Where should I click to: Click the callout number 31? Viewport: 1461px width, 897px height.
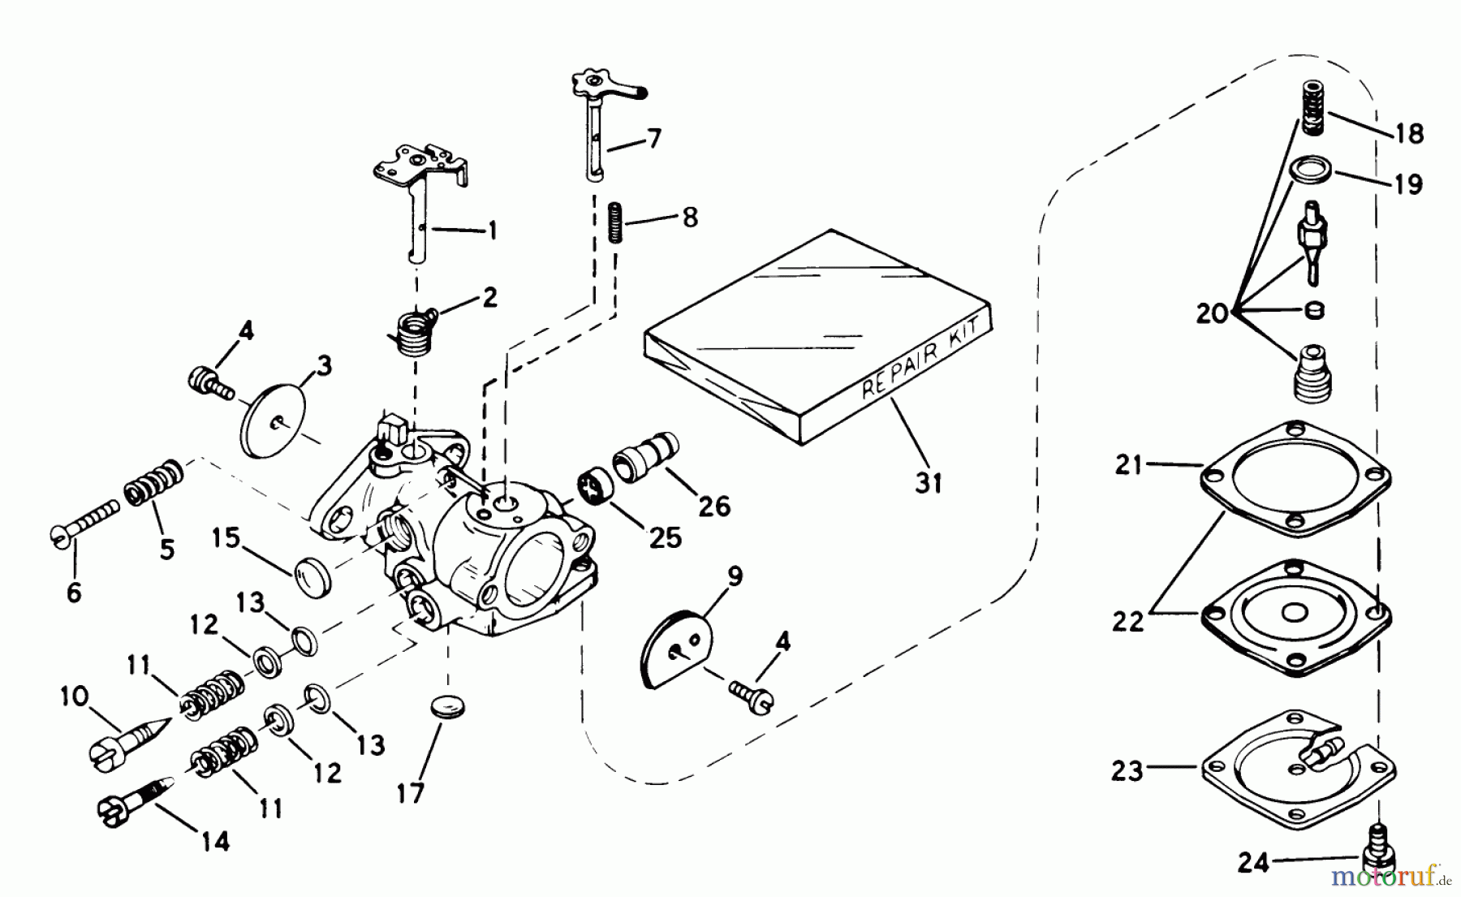(929, 483)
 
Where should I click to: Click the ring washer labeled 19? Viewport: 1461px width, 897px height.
(1311, 172)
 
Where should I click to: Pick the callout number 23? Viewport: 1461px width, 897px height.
(1127, 770)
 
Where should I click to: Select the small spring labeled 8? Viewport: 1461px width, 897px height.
(615, 222)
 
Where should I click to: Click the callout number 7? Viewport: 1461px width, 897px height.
(654, 138)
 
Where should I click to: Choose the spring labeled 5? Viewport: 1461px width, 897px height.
(152, 484)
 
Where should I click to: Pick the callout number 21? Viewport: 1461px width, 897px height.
(1128, 465)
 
